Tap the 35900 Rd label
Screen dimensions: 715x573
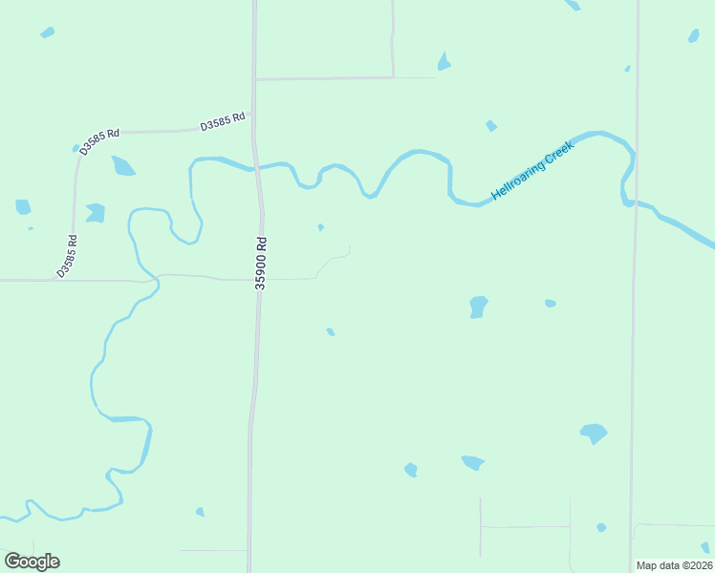(x=260, y=264)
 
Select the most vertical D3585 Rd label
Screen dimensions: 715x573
(x=66, y=256)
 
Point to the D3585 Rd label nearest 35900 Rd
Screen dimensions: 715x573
(x=223, y=121)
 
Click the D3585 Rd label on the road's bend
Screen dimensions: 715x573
(x=99, y=140)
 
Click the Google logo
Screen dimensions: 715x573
(x=32, y=562)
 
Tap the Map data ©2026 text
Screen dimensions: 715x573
(x=673, y=565)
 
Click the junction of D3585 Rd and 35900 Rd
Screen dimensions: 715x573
(x=253, y=128)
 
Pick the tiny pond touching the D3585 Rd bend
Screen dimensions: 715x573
(x=76, y=148)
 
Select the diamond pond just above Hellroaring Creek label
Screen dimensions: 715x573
(x=491, y=125)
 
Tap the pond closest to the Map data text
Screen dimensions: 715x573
(x=705, y=547)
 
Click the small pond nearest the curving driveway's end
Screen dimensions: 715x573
(x=320, y=227)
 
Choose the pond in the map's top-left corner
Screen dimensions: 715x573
(x=47, y=32)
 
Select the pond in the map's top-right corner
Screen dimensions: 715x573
(x=693, y=35)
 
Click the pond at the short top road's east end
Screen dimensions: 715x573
(x=444, y=62)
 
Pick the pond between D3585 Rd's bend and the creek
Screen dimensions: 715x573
(x=122, y=166)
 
